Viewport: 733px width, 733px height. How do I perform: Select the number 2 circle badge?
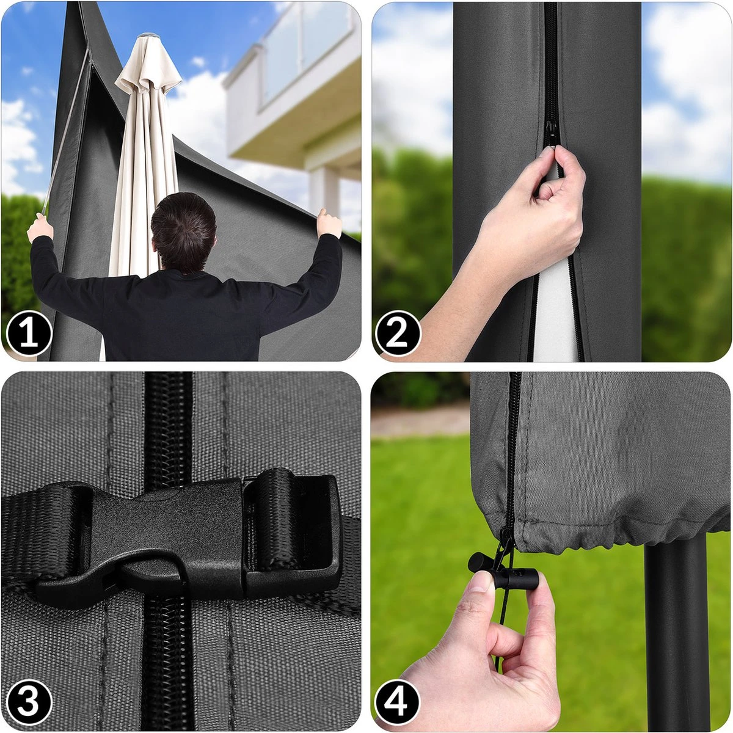coord(398,334)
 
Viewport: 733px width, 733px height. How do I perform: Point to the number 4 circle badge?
coord(398,702)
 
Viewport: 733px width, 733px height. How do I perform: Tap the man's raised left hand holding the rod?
coord(40,227)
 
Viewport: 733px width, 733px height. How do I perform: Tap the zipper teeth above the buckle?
coord(168,428)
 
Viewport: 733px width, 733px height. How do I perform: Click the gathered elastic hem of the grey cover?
coord(611,534)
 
